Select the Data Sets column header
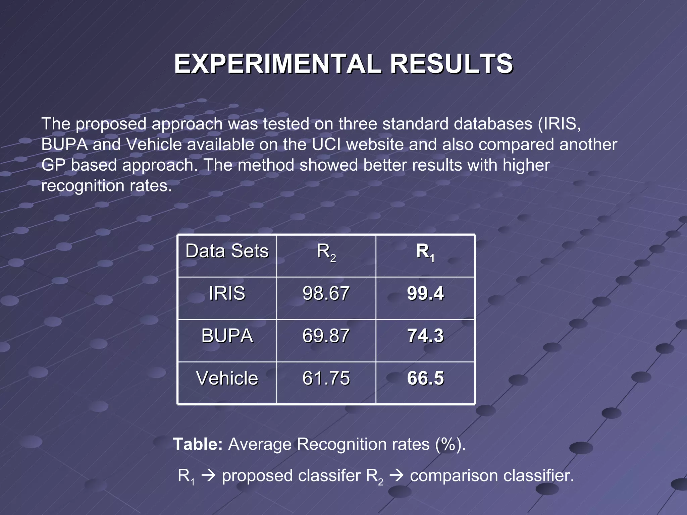pos(227,251)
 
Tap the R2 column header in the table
pos(326,252)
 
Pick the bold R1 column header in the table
pos(425,252)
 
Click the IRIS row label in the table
pos(227,293)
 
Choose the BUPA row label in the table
pos(227,336)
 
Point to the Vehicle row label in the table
pos(227,378)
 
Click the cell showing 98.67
pos(326,293)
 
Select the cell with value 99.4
pos(425,293)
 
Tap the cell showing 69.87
pos(326,336)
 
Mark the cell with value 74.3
pos(425,336)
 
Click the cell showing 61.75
pos(326,378)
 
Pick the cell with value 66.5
pos(425,378)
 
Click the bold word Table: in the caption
pos(198,444)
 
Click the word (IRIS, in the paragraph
pos(560,124)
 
